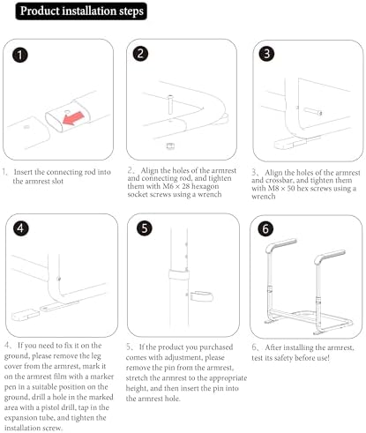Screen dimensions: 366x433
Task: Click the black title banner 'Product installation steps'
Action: coord(81,11)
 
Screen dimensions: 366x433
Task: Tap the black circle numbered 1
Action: coord(20,56)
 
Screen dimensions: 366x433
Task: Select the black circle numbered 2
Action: coord(140,54)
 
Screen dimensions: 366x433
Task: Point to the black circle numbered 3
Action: coord(266,54)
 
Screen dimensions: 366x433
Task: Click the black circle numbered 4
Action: coord(20,228)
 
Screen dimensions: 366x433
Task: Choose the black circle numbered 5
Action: coord(145,228)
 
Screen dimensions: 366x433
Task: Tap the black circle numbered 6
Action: coord(265,229)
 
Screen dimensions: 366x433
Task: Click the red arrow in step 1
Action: coord(73,117)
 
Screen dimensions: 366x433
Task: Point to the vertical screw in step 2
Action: coord(170,104)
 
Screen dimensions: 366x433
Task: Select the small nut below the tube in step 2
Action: coord(170,146)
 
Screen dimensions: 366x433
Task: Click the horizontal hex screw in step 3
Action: coord(313,112)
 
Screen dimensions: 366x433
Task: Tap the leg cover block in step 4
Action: coord(25,315)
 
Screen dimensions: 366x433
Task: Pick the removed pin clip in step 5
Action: coord(201,296)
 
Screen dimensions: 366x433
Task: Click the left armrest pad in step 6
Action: coord(280,246)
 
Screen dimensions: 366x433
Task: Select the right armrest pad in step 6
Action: coord(330,257)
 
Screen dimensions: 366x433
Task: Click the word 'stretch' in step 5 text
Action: coord(136,378)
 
